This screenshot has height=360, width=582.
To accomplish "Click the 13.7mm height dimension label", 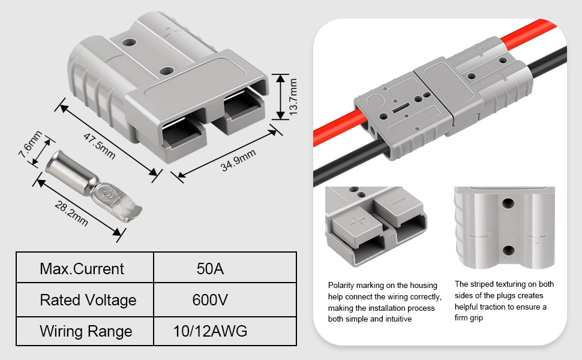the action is pyautogui.click(x=293, y=97).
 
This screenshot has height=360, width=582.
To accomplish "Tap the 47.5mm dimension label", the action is pyautogui.click(x=100, y=146).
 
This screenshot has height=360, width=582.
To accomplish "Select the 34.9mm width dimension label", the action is pyautogui.click(x=238, y=161).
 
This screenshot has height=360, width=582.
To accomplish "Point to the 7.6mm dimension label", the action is pyautogui.click(x=31, y=144).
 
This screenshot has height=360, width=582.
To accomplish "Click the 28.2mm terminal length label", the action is pyautogui.click(x=71, y=214).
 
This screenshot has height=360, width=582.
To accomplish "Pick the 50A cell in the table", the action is pyautogui.click(x=210, y=269).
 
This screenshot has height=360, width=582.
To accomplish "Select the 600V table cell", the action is pyautogui.click(x=210, y=300).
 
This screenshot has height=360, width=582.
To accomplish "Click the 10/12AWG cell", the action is pyautogui.click(x=210, y=331).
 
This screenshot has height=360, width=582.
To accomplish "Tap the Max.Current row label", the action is pyautogui.click(x=82, y=269).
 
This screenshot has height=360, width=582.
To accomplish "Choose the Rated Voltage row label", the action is pyautogui.click(x=88, y=300).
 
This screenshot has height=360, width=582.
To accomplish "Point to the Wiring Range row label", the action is pyautogui.click(x=86, y=331).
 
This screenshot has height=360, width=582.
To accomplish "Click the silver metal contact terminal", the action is pyautogui.click(x=94, y=186).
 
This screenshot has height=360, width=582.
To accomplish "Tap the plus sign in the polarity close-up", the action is pyautogui.click(x=358, y=221).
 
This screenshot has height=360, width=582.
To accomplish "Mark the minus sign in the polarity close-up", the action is pyautogui.click(x=399, y=201).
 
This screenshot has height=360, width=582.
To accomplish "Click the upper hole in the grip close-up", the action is pyautogui.click(x=508, y=203).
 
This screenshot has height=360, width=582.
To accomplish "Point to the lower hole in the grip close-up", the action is pyautogui.click(x=508, y=251).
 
